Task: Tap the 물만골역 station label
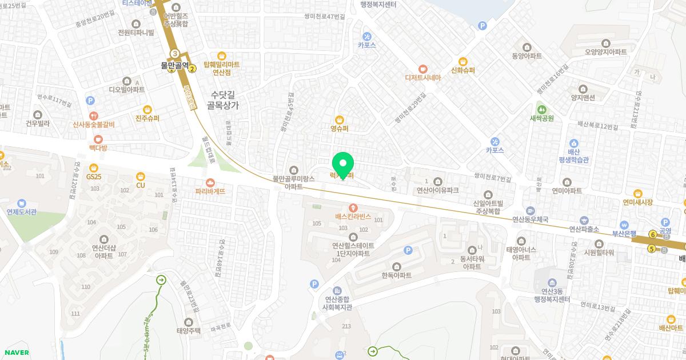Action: click(x=174, y=66)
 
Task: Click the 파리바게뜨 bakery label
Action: click(x=210, y=191)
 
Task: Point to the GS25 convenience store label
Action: click(x=93, y=177)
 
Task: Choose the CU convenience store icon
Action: click(x=141, y=176)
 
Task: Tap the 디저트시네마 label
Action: click(x=422, y=78)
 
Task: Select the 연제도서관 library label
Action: click(x=22, y=212)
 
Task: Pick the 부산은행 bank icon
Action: click(x=624, y=225)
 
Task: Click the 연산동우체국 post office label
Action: click(x=530, y=219)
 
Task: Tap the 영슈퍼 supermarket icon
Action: click(x=339, y=119)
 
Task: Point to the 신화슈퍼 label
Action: click(x=463, y=71)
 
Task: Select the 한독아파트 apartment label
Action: click(x=397, y=275)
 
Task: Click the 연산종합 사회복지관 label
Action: click(x=338, y=302)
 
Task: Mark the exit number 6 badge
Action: click(x=652, y=234)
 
